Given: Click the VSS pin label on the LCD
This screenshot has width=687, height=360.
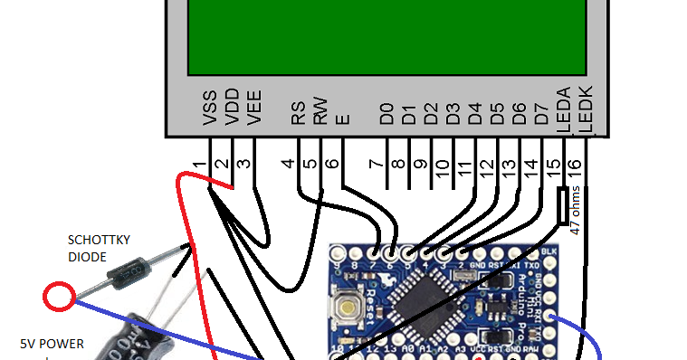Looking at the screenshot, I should [x=210, y=107].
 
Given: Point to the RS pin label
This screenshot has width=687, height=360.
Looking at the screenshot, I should [x=298, y=111].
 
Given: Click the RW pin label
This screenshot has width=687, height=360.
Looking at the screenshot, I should [x=320, y=109].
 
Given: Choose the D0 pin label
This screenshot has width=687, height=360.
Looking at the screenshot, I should [x=386, y=113].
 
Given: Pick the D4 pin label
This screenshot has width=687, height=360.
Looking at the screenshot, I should [x=475, y=113].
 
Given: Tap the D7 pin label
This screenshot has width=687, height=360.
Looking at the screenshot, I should [x=541, y=113].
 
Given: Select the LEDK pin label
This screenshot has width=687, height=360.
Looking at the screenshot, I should [x=585, y=109].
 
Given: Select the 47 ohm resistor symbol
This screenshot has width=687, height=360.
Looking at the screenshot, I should [x=563, y=205].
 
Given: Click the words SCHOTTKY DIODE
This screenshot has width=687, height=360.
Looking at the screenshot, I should [x=100, y=248].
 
